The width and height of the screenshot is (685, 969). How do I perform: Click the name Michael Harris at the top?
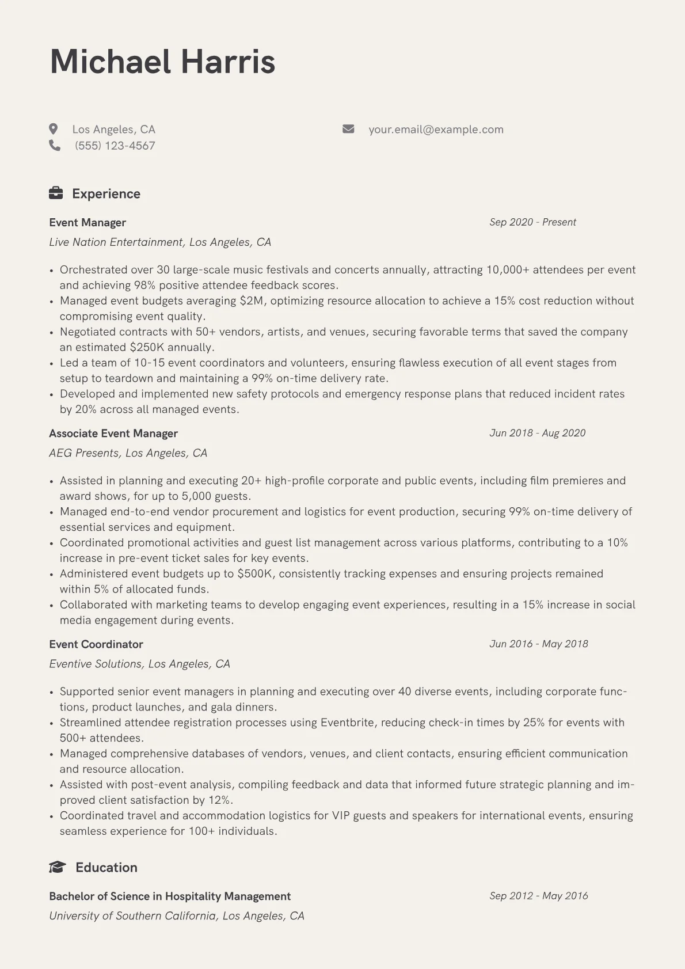pyautogui.click(x=163, y=62)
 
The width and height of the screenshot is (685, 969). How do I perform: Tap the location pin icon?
pyautogui.click(x=54, y=129)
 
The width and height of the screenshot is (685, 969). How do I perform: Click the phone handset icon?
pyautogui.click(x=55, y=146)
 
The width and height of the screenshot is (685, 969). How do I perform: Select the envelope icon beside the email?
pyautogui.click(x=348, y=129)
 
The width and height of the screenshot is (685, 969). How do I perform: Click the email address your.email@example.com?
pyautogui.click(x=436, y=130)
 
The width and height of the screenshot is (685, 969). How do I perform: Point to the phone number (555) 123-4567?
pyautogui.click(x=115, y=146)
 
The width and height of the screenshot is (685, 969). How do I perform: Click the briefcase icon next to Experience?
pyautogui.click(x=56, y=193)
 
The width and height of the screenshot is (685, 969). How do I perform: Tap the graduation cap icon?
pyautogui.click(x=57, y=867)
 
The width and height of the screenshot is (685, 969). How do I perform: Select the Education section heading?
pyautogui.click(x=106, y=868)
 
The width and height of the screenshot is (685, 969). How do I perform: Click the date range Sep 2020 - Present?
pyautogui.click(x=532, y=222)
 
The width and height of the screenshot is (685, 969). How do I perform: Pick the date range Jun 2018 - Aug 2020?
pyautogui.click(x=537, y=433)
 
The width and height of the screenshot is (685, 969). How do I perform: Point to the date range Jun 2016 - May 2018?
pyautogui.click(x=539, y=644)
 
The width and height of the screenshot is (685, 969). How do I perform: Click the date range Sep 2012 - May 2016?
pyautogui.click(x=539, y=896)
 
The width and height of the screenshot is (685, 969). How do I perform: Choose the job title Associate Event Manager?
pyautogui.click(x=113, y=434)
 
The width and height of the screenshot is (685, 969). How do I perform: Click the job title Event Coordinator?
pyautogui.click(x=96, y=644)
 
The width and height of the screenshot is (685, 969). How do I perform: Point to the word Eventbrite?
pyautogui.click(x=347, y=723)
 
